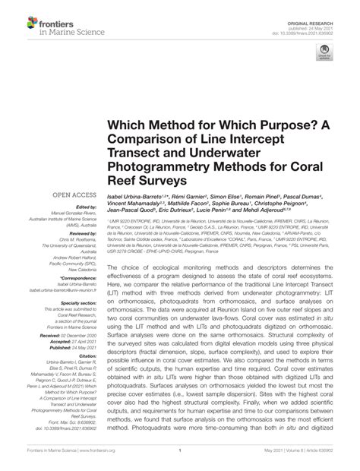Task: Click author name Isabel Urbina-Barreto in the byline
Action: (144, 196)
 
